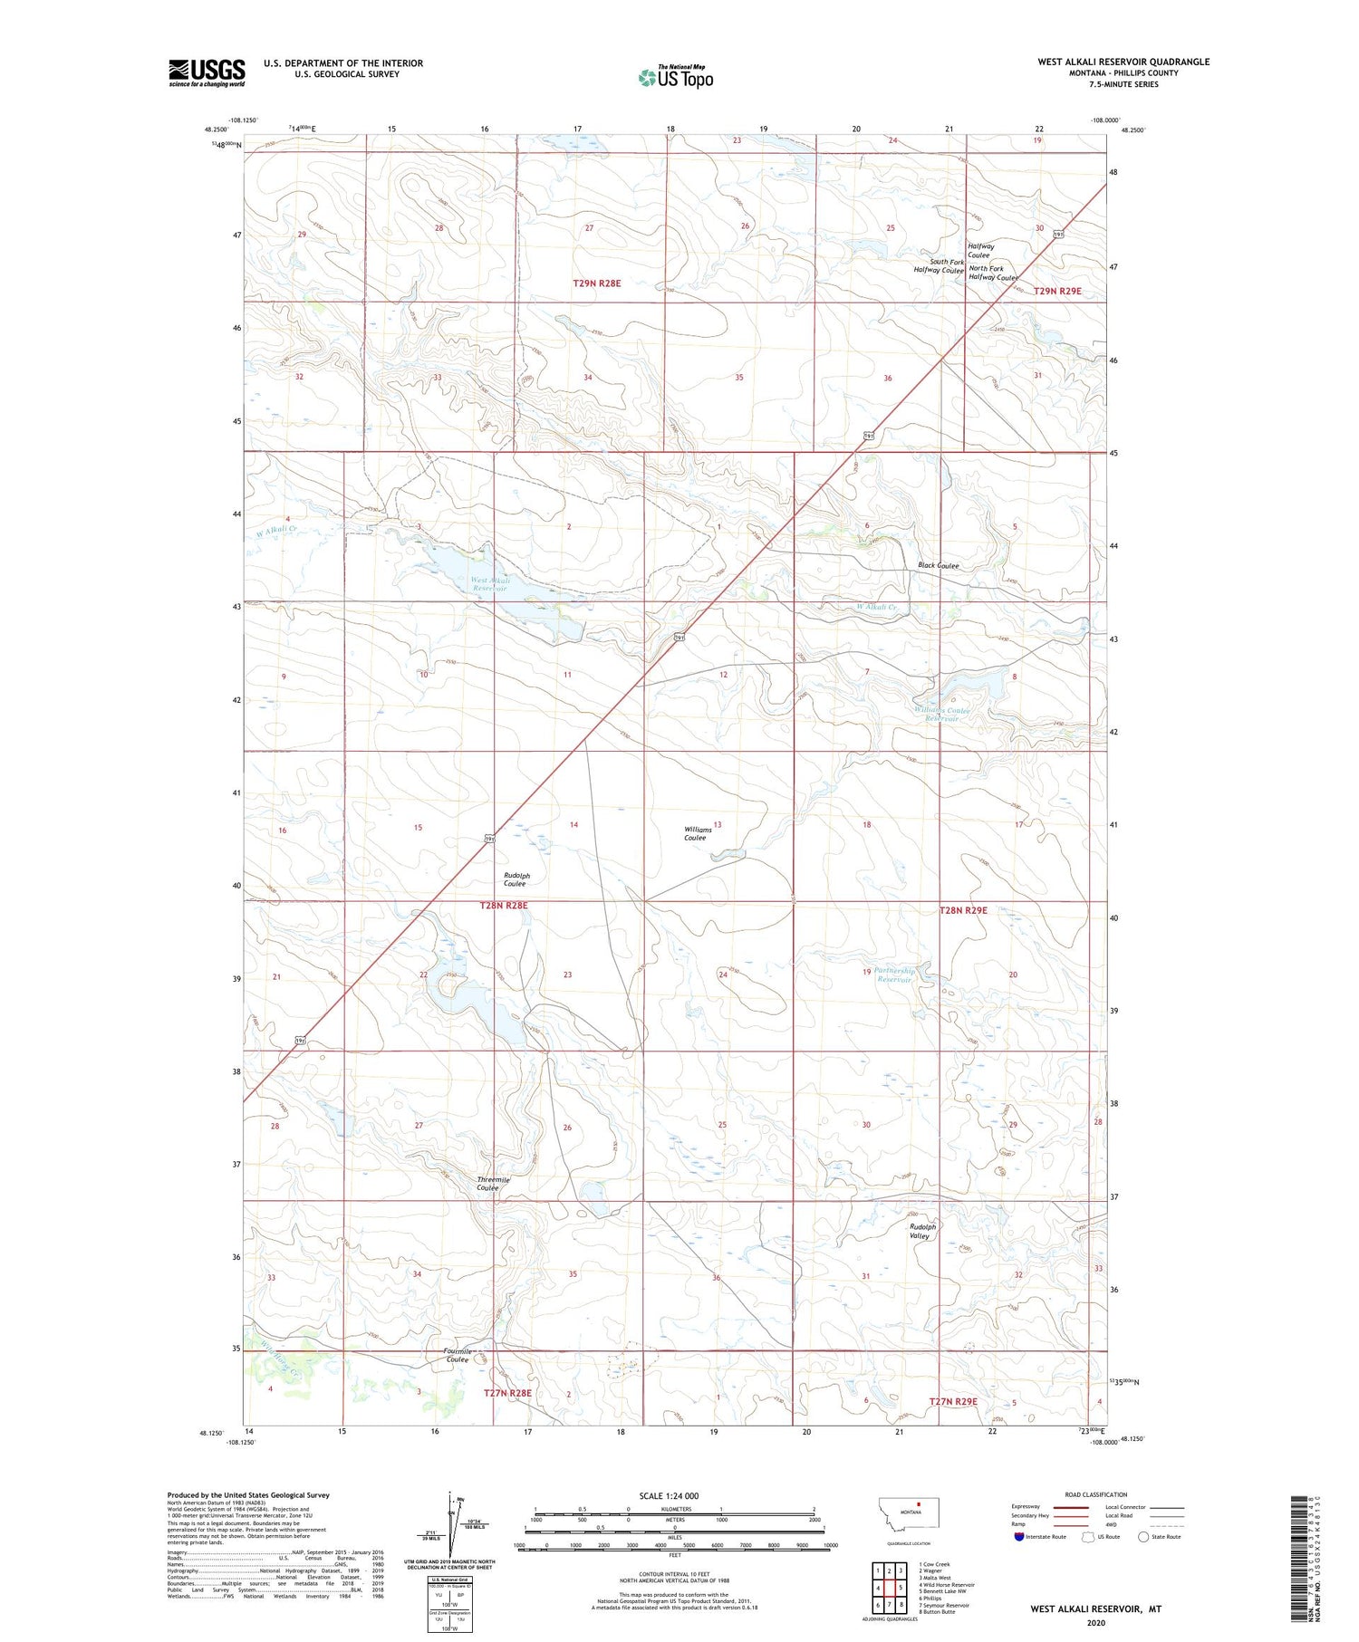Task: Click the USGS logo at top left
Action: [207, 72]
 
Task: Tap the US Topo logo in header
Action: [676, 77]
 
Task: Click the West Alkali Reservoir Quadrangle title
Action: [1123, 62]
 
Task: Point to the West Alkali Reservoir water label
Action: [489, 584]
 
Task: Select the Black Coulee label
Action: [938, 565]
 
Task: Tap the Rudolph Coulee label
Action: [516, 879]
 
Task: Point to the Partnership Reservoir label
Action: [895, 975]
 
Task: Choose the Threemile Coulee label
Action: [493, 1184]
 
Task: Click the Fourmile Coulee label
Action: [457, 1356]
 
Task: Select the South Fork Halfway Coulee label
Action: [939, 266]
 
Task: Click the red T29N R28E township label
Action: [596, 283]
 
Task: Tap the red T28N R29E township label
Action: [963, 910]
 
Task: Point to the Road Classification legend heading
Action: [1096, 1494]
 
